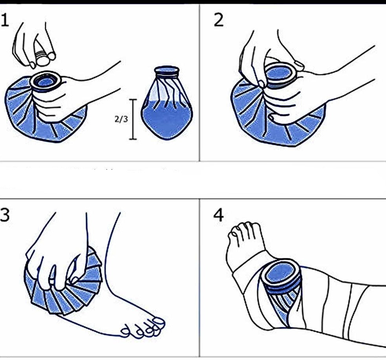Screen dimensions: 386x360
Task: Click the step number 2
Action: coord(219,20)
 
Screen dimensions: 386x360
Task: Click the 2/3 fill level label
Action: coord(121,119)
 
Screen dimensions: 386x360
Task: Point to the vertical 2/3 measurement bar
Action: coord(133,119)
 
